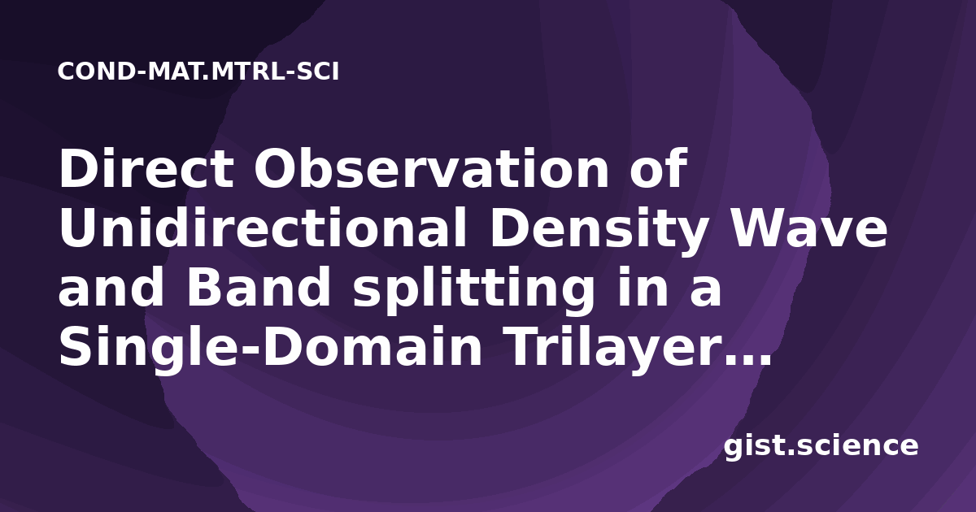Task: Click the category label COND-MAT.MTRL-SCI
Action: pos(198,72)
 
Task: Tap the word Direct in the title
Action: pos(146,168)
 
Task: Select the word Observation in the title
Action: pos(431,168)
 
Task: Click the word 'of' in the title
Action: pos(658,168)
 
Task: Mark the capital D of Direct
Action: pos(76,168)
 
